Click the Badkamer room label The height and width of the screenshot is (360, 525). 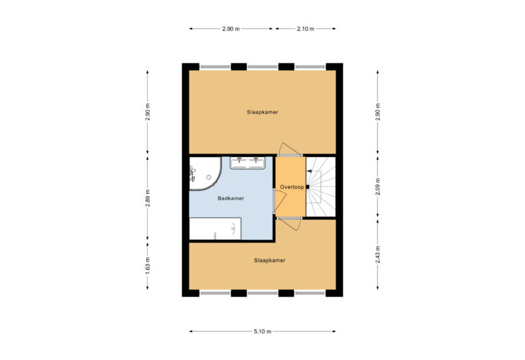point(230,199)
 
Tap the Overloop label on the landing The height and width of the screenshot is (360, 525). point(291,186)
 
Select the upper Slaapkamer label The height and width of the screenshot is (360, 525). point(262,111)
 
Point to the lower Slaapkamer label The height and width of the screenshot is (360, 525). point(269,260)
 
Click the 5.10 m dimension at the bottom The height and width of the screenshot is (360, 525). point(262,331)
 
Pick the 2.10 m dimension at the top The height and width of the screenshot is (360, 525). point(306,29)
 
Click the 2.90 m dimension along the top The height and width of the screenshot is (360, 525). point(232,29)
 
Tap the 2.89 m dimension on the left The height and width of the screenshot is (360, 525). point(148,198)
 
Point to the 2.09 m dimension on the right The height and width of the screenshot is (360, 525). point(378,186)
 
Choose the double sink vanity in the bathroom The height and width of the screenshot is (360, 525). point(247,163)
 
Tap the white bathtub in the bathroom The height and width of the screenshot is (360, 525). point(215,229)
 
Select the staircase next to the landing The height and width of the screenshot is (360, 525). point(321,186)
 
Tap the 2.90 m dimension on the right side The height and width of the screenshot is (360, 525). point(378,111)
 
